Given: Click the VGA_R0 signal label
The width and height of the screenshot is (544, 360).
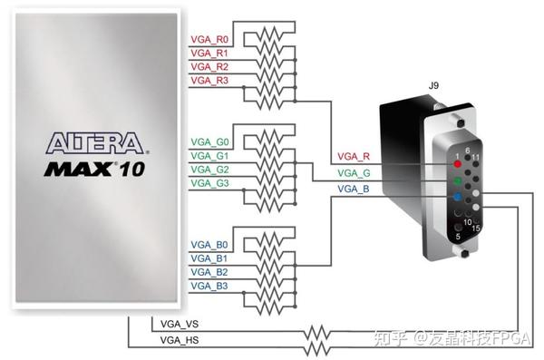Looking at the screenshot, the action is (209, 40).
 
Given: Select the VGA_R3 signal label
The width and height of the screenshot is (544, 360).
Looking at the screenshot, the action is (209, 81).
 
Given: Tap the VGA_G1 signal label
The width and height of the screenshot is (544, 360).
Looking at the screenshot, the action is (209, 156).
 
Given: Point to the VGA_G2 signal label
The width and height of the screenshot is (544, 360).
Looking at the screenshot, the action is (209, 170).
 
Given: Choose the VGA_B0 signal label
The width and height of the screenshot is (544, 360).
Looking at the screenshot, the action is (209, 245).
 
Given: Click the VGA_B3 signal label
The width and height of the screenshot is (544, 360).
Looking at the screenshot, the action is (209, 286).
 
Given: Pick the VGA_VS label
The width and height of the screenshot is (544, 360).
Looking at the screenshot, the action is (180, 325).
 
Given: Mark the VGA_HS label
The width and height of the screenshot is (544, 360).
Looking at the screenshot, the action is (180, 340).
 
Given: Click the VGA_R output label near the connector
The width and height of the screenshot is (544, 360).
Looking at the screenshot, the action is (354, 157).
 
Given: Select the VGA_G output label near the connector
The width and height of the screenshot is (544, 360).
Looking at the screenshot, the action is (354, 173).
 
